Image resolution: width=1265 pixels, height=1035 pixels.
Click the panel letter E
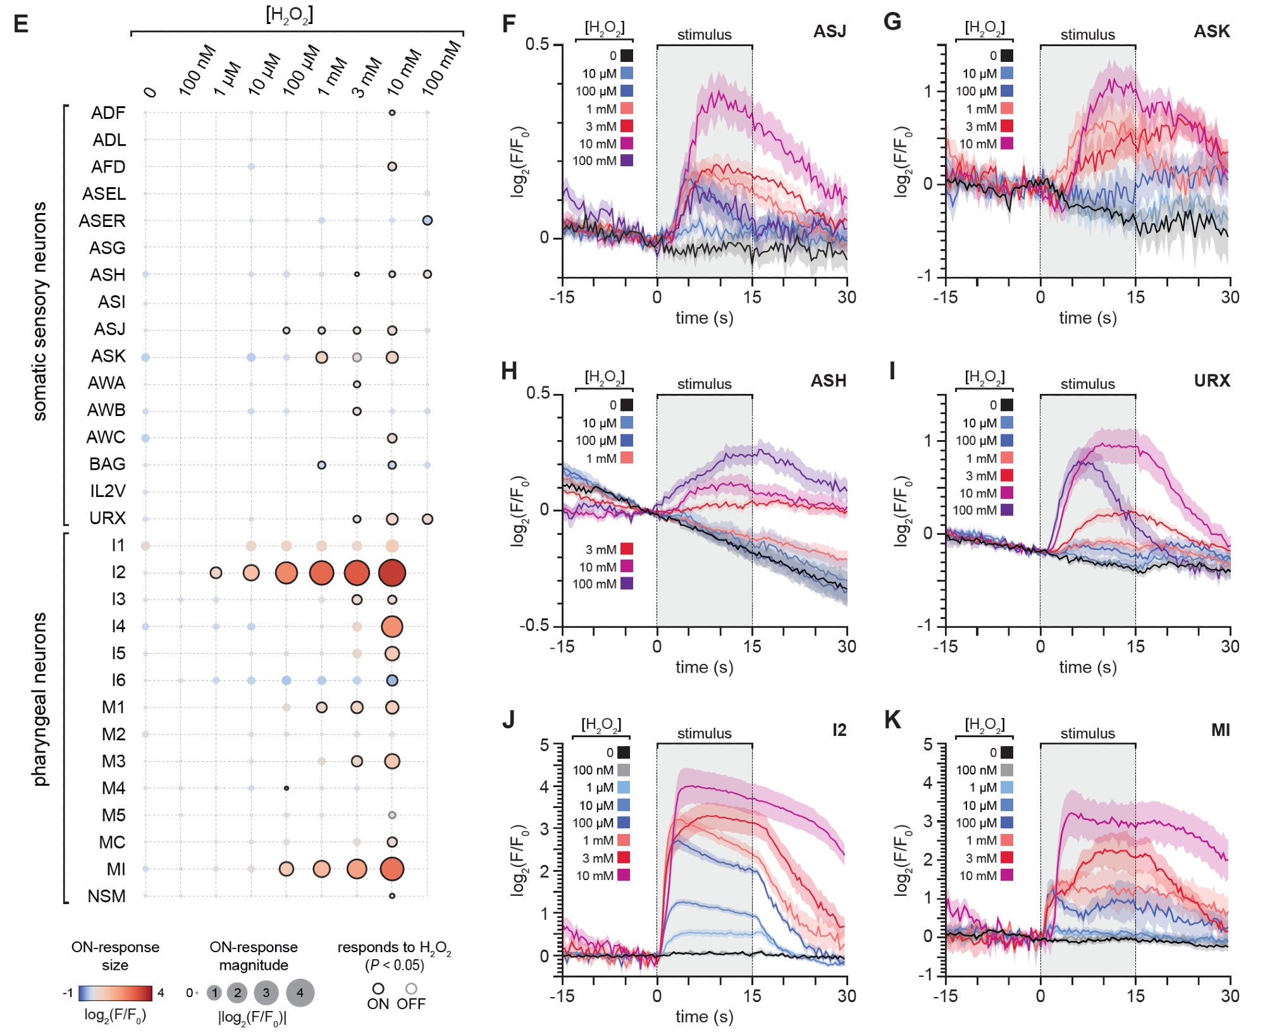pos(21,24)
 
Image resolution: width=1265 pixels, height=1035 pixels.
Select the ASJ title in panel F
pos(829,32)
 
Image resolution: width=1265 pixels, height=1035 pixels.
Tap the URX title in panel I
pos(1212,381)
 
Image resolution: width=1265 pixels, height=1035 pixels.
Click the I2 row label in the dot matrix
pos(118,572)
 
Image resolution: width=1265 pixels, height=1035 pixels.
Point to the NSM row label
pos(106,896)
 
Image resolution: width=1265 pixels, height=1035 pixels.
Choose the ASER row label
pos(102,221)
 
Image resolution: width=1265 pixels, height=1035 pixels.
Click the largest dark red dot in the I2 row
pos(392,573)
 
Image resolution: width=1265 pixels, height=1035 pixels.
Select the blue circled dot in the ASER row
pos(428,221)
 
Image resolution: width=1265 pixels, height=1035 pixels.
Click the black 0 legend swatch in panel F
pos(627,56)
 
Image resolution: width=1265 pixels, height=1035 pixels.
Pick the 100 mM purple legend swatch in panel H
pos(627,584)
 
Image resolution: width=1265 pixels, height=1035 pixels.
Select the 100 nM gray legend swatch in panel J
pos(624,770)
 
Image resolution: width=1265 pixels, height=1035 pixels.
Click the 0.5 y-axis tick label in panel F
pos(538,45)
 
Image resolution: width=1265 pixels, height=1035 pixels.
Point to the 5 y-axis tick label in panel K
pos(928,745)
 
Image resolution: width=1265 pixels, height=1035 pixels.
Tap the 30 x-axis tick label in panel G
pos(1230,297)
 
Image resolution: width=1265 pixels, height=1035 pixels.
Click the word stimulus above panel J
pos(704,733)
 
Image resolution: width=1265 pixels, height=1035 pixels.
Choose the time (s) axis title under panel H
pos(704,667)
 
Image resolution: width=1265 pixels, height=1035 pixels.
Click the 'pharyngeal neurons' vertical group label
pos(40,699)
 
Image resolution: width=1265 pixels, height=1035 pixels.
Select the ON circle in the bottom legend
pos(378,988)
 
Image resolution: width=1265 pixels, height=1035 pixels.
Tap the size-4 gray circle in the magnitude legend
pos(300,993)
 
